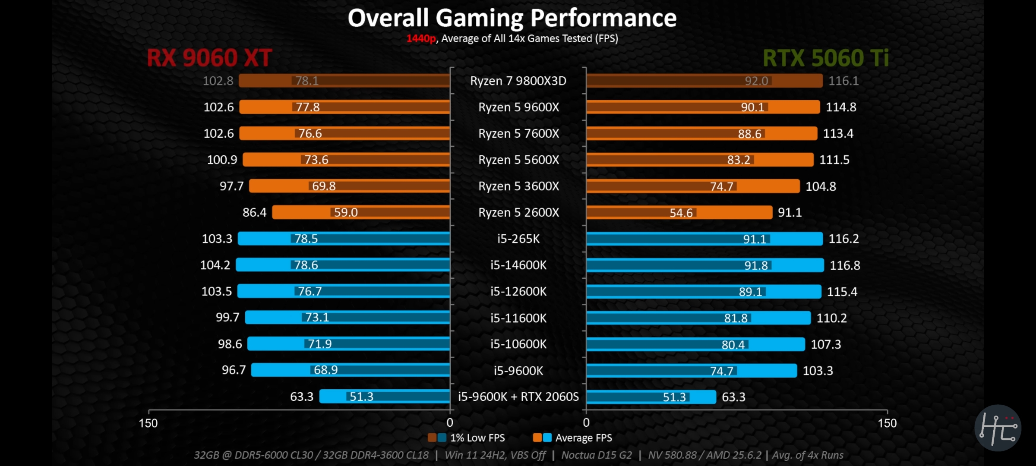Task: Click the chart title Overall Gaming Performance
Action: pos(512,18)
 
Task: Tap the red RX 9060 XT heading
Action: pos(209,58)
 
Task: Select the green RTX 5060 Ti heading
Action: pos(825,58)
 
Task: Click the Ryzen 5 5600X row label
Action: pos(518,160)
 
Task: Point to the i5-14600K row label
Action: pos(518,265)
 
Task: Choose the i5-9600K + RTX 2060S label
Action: pos(518,397)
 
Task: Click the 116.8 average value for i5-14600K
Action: pos(845,265)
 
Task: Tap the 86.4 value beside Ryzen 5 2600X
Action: pos(254,212)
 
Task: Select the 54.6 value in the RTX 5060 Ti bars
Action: pos(681,213)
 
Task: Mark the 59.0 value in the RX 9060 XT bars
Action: pos(346,212)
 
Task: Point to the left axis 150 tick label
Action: pos(148,423)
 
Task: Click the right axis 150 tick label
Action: pos(887,423)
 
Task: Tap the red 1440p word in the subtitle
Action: pos(421,39)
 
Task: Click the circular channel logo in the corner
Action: pos(998,428)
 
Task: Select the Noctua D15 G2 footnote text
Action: pos(596,455)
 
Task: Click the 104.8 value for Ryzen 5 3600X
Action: pos(821,186)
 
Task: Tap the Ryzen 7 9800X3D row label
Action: pos(518,81)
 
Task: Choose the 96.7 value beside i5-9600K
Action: pos(234,370)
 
